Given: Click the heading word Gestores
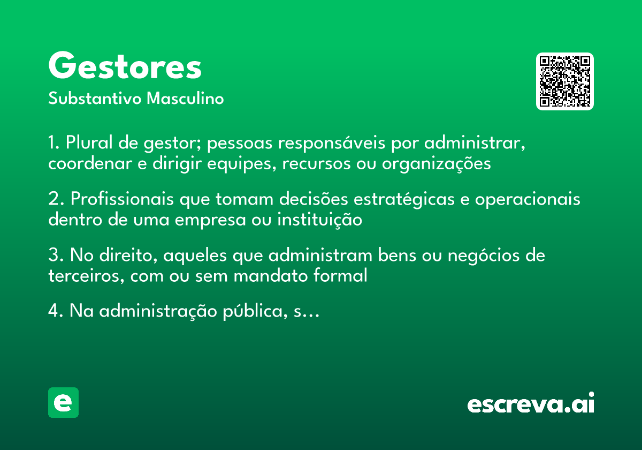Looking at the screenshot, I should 125,67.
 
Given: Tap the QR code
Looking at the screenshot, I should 565,81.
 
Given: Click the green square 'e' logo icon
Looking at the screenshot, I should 63,402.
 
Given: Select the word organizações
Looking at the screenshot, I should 436,164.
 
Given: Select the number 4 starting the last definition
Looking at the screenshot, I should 53,311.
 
